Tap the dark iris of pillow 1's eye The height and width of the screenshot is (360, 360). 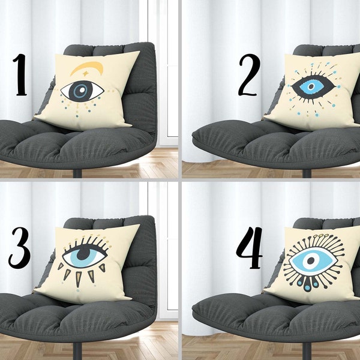pos(79,91)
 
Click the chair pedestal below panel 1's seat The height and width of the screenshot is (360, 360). pos(77,173)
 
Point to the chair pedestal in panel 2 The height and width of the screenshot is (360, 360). pos(307,173)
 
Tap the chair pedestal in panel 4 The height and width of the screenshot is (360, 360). pos(307,351)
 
